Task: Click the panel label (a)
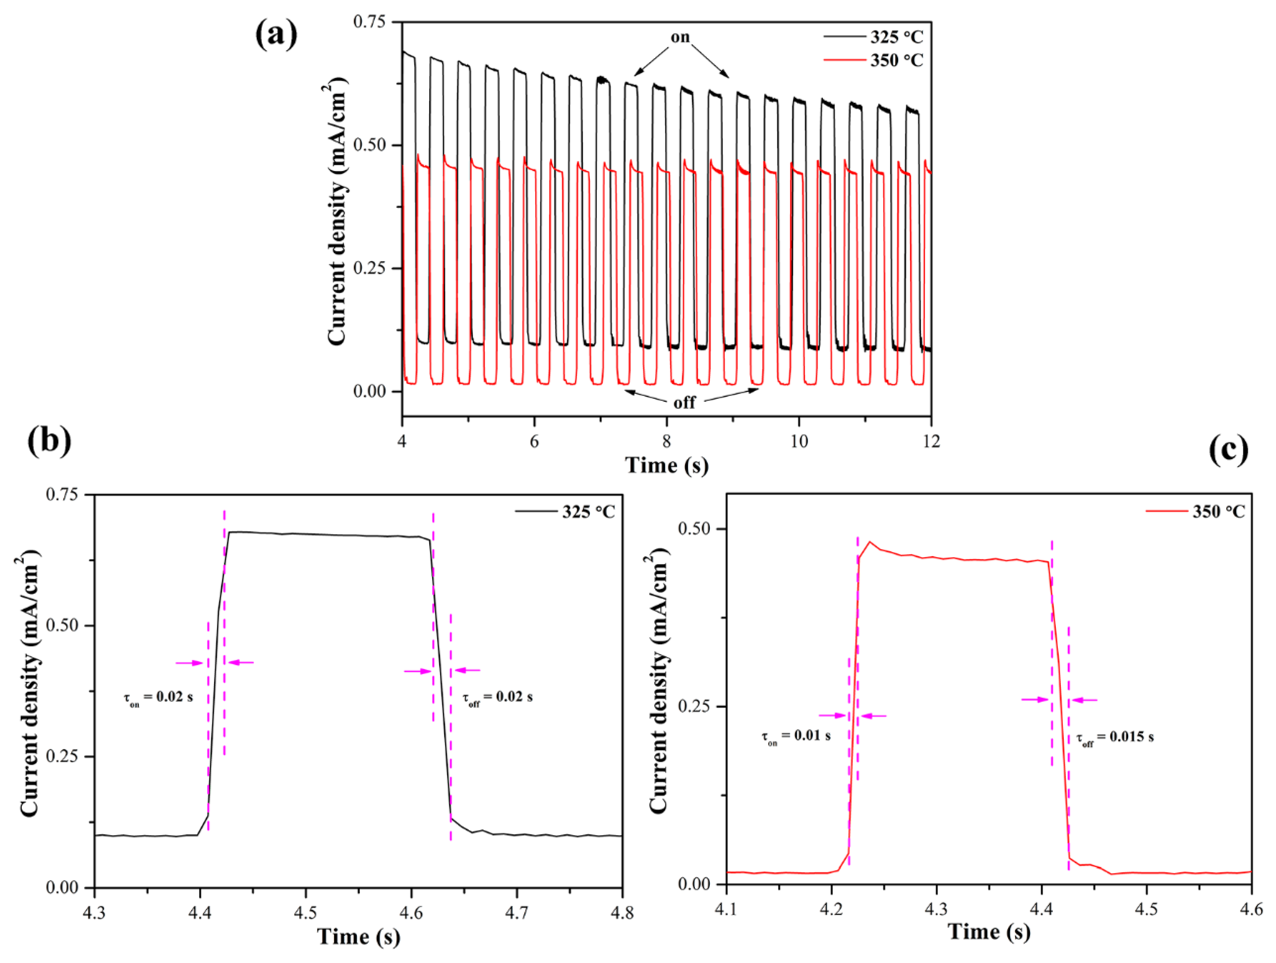coord(276,35)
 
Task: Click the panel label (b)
coord(50,441)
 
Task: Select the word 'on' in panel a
coord(680,37)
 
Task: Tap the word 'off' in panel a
coord(685,402)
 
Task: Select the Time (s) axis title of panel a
coord(667,465)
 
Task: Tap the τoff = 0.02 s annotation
coord(497,697)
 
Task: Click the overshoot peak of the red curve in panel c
coord(869,542)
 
